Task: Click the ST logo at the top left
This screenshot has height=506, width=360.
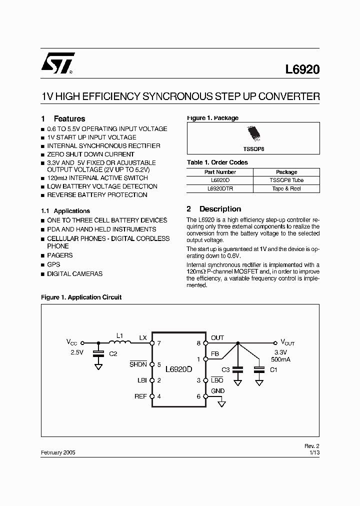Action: coord(58,63)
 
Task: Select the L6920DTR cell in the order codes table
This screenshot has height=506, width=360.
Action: coord(220,188)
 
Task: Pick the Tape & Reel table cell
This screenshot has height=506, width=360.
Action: coord(286,188)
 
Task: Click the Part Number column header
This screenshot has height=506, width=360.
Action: coord(220,171)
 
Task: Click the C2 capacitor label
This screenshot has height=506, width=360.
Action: coord(113,354)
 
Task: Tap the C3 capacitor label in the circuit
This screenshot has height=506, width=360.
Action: coord(225,370)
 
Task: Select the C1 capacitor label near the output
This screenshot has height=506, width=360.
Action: coord(273,370)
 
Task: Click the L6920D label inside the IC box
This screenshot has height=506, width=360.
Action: coord(179,369)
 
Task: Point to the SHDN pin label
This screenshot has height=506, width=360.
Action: coord(138,364)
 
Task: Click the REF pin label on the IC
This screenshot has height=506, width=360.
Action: coord(141,396)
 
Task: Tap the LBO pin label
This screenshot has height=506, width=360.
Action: coord(217,380)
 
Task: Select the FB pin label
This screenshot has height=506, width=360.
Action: coord(215,354)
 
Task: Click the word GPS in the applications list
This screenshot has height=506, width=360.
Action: coord(53,264)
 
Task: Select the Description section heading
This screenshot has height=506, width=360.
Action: coord(220,209)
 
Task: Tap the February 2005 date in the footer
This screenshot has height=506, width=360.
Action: coord(58,451)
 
